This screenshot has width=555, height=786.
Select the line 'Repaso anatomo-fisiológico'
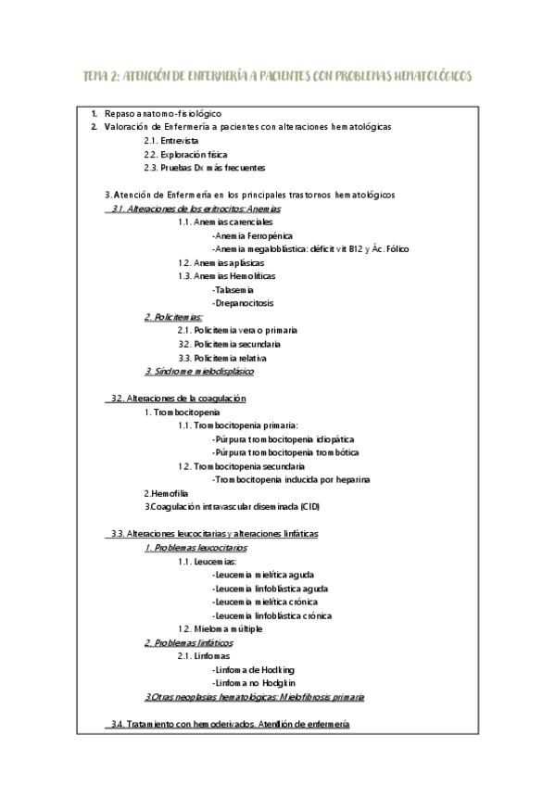163,112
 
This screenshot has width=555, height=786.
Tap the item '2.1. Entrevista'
171,140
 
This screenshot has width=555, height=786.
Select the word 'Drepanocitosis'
243,303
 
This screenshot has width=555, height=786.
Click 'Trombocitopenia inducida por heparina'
291,479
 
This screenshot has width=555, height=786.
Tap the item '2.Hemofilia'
165,493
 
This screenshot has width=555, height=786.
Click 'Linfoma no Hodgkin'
252,682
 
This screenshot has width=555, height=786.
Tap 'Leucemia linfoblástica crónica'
271,615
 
